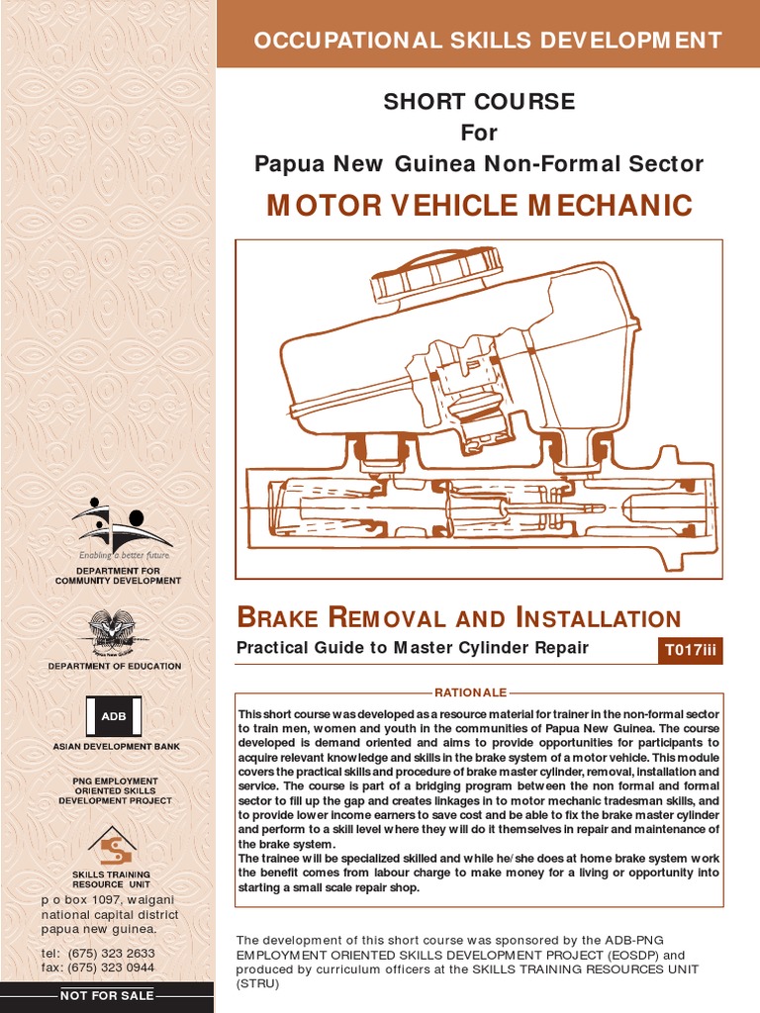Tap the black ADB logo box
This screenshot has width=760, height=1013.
(x=114, y=715)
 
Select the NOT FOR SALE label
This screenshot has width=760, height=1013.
(x=107, y=995)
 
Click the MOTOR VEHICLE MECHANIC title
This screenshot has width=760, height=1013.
(x=480, y=206)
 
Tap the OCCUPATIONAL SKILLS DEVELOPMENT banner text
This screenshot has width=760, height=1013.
(x=488, y=41)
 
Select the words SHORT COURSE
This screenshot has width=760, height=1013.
(x=479, y=102)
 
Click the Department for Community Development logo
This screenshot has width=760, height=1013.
(x=118, y=524)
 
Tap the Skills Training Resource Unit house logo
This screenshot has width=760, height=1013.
(x=112, y=845)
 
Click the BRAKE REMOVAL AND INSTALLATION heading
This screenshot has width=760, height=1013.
(x=459, y=619)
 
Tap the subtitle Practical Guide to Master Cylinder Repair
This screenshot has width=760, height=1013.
(x=412, y=648)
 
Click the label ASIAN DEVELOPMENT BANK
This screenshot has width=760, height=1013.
(x=116, y=745)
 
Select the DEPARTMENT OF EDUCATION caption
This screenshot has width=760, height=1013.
(x=115, y=666)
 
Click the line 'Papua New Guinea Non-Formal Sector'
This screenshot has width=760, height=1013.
(x=479, y=163)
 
